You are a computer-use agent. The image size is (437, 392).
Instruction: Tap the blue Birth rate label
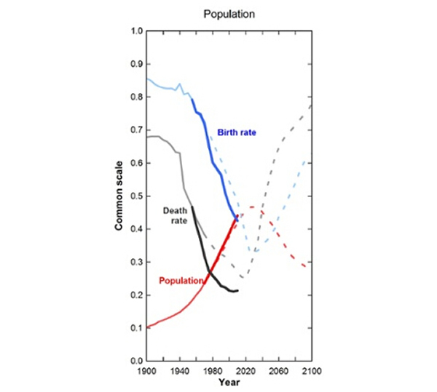[240, 132]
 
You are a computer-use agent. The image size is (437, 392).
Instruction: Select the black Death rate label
[175, 215]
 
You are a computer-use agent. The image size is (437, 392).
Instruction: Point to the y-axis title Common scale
[118, 196]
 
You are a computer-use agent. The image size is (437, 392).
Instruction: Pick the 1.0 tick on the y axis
[135, 31]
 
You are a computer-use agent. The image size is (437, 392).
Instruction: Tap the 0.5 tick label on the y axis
[135, 196]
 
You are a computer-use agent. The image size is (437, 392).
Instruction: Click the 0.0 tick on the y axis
[135, 361]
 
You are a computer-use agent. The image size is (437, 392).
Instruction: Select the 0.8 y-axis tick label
[135, 97]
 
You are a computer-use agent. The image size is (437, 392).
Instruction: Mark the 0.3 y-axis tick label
[135, 262]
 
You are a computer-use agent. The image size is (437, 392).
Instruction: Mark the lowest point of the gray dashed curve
[244, 277]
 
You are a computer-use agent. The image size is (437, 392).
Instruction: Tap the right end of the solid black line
[237, 291]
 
